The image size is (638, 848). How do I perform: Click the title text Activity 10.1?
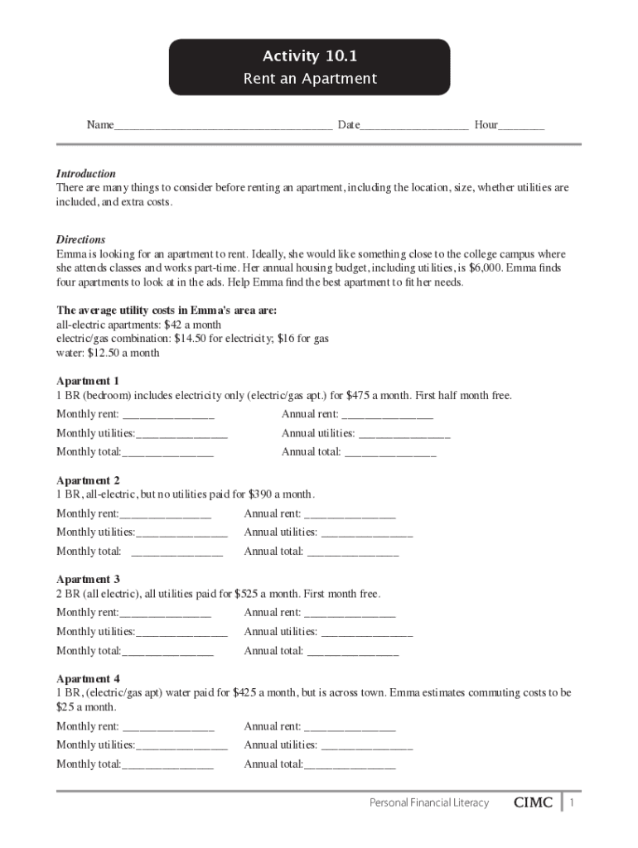[x=310, y=56]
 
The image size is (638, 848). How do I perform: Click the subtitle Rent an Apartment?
[x=310, y=79]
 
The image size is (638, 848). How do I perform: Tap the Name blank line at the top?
[x=223, y=127]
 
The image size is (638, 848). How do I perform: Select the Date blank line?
[x=414, y=127]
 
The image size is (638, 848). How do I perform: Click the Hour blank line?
[x=521, y=127]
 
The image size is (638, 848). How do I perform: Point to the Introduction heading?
[x=86, y=174]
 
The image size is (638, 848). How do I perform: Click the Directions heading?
[x=80, y=239]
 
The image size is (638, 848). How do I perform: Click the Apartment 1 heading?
[x=88, y=381]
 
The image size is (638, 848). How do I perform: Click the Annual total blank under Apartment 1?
[x=390, y=453]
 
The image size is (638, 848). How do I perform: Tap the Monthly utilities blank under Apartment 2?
[x=182, y=532]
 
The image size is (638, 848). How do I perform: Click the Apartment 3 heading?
[x=88, y=580]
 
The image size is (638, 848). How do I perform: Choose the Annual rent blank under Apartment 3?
[x=350, y=614]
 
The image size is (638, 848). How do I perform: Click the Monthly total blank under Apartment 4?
[x=168, y=765]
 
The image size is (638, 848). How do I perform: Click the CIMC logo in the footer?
[x=533, y=802]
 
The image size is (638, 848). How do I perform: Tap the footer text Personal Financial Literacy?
[x=429, y=802]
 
